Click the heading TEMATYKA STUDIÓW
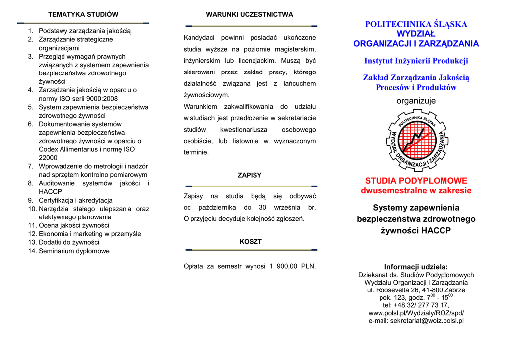point(83,14)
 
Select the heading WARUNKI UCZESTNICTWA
point(250,14)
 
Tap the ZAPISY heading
point(250,175)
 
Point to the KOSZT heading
point(251,242)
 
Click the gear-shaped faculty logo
point(416,141)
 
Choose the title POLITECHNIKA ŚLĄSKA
point(416,24)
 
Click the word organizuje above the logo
point(416,101)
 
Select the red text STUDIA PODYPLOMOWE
point(416,181)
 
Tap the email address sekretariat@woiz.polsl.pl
point(416,321)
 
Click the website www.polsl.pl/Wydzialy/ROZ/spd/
point(416,313)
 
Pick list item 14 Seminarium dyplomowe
point(74,251)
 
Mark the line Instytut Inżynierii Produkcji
point(416,61)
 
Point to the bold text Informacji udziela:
point(416,267)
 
